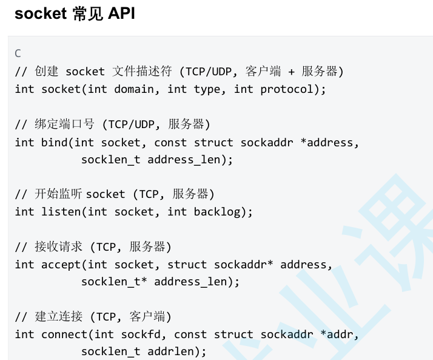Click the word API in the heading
click(121, 14)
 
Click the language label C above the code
click(18, 53)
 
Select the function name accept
click(61, 265)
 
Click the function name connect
click(64, 335)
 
